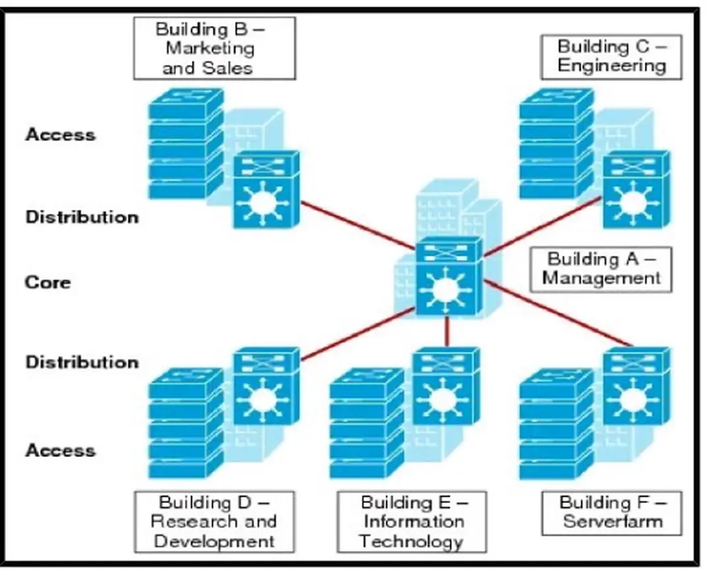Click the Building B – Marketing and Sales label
214,48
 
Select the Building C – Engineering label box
611,56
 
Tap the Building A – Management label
601,269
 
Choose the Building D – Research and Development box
214,522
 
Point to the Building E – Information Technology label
412,522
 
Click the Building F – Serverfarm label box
612,512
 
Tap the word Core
47,283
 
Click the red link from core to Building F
557,313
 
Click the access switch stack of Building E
366,425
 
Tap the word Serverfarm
612,522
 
